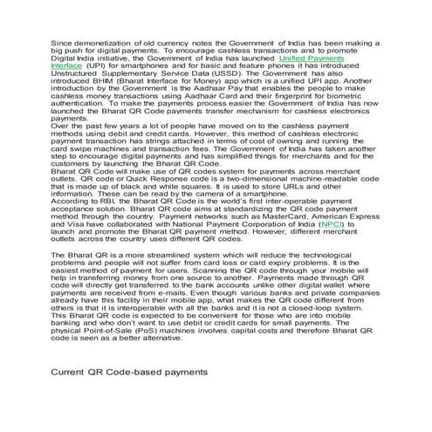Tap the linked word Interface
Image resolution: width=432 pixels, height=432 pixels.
coord(68,65)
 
